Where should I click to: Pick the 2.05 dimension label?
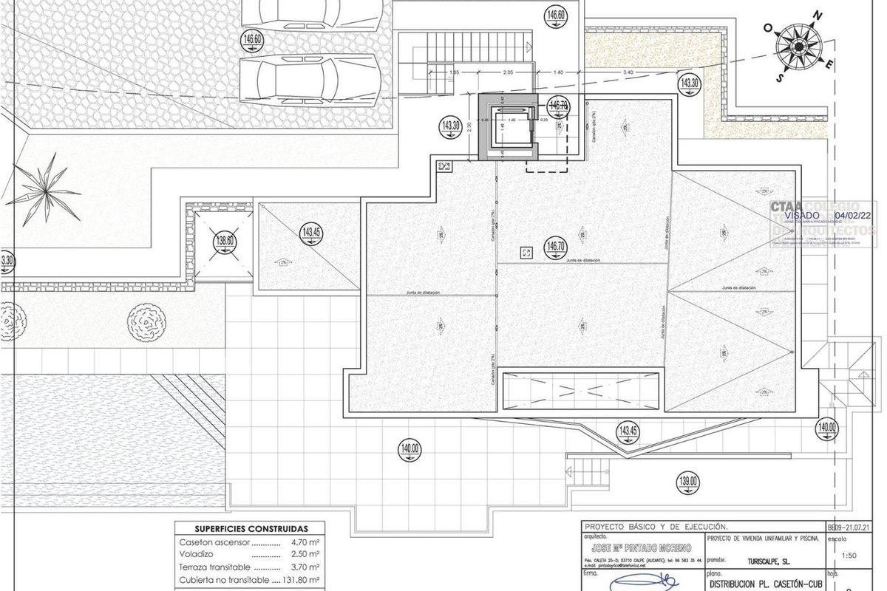click(x=507, y=72)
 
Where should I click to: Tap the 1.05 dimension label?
click(x=454, y=72)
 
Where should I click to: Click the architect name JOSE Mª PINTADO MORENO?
click(x=641, y=548)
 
